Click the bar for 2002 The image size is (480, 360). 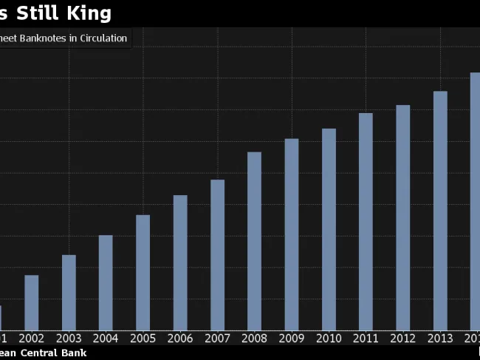(x=32, y=302)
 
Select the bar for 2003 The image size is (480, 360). (x=69, y=292)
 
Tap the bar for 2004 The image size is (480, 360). (x=106, y=282)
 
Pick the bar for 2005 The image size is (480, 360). (x=143, y=272)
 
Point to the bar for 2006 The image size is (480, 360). (x=180, y=262)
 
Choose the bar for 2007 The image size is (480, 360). (x=217, y=254)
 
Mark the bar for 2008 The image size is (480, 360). (x=255, y=241)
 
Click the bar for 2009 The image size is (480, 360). (x=292, y=234)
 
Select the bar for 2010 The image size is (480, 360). (x=329, y=229)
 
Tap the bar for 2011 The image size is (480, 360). (x=366, y=221)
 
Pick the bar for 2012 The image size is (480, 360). (x=403, y=217)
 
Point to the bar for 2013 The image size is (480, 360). (x=440, y=211)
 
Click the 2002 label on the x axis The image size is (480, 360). (x=32, y=338)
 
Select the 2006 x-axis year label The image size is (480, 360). (x=180, y=338)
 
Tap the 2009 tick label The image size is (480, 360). (x=292, y=338)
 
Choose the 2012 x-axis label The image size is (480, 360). (x=403, y=338)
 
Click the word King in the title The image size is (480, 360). (x=87, y=13)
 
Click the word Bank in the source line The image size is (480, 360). (x=75, y=353)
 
